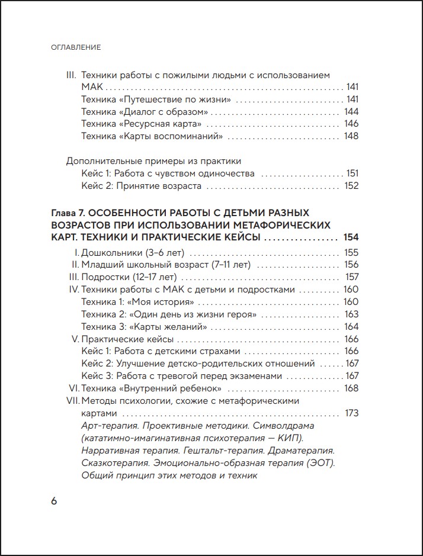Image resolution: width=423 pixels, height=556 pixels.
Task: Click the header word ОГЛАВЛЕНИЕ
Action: (76, 47)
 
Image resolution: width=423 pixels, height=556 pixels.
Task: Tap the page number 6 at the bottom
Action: (54, 500)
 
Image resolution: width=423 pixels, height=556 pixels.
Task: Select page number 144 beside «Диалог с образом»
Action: (351, 111)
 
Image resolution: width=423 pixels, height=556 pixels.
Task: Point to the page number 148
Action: (351, 136)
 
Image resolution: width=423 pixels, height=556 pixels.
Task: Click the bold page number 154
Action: (351, 237)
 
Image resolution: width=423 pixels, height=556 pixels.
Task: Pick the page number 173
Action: (351, 413)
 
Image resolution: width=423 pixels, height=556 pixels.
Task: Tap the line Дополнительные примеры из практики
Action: (153, 161)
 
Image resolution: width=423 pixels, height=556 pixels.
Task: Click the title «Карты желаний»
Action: (169, 327)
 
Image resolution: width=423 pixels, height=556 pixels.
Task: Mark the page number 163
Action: (351, 314)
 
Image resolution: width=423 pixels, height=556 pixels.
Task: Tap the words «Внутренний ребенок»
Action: (171, 388)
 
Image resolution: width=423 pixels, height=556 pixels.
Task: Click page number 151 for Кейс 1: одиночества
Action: (352, 173)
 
